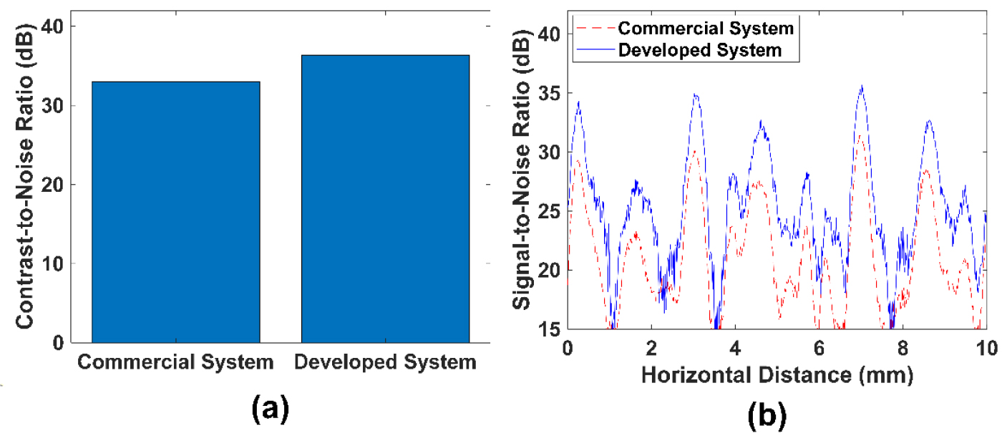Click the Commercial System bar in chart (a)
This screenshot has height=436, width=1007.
point(175,212)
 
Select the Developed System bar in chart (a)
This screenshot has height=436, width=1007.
point(385,198)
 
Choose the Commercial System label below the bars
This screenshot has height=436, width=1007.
point(175,363)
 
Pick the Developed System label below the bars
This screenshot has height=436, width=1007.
point(385,363)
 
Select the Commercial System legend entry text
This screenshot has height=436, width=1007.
point(706,29)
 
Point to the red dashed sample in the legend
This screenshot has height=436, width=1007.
point(594,29)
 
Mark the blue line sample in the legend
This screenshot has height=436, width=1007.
point(594,50)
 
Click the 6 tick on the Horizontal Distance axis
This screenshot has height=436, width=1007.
point(819,349)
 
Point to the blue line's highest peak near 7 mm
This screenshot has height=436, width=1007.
point(862,86)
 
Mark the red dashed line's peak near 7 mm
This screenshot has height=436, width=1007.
point(861,135)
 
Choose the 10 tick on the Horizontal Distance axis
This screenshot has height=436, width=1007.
point(985,349)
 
